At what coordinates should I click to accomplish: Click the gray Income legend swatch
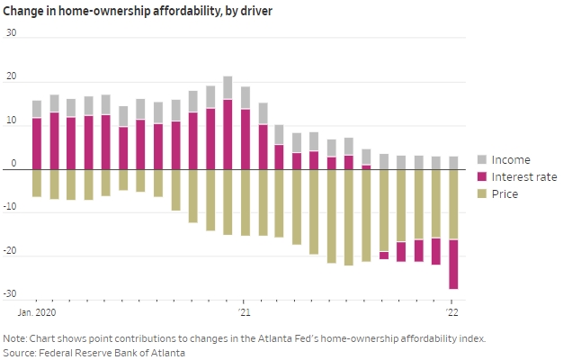point(481,158)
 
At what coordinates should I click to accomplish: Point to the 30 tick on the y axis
point(12,33)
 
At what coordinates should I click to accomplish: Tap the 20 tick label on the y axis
point(12,77)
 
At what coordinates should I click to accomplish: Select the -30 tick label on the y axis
point(11,294)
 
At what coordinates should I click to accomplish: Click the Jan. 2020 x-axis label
point(38,311)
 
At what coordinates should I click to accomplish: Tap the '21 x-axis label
point(244,311)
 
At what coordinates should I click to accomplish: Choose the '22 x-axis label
point(453,311)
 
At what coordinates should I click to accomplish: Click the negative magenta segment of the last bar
point(453,264)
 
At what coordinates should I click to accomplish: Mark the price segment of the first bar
point(37,183)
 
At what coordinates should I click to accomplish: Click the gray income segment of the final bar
point(453,163)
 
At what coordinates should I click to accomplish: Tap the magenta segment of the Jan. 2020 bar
point(37,144)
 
